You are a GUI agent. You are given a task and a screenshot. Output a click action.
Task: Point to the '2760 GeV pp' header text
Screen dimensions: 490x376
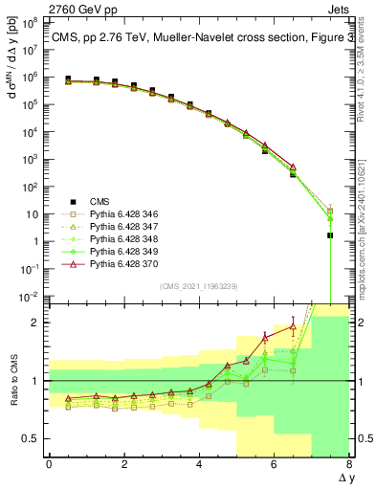(x=36, y=8)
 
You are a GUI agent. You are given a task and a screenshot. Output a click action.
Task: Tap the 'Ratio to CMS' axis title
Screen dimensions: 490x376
(x=14, y=381)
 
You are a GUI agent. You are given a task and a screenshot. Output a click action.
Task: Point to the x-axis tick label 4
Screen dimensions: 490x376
(x=199, y=464)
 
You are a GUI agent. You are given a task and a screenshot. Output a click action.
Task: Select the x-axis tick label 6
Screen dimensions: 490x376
(x=274, y=464)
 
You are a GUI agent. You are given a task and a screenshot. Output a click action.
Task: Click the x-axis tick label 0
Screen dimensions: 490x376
(x=49, y=464)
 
